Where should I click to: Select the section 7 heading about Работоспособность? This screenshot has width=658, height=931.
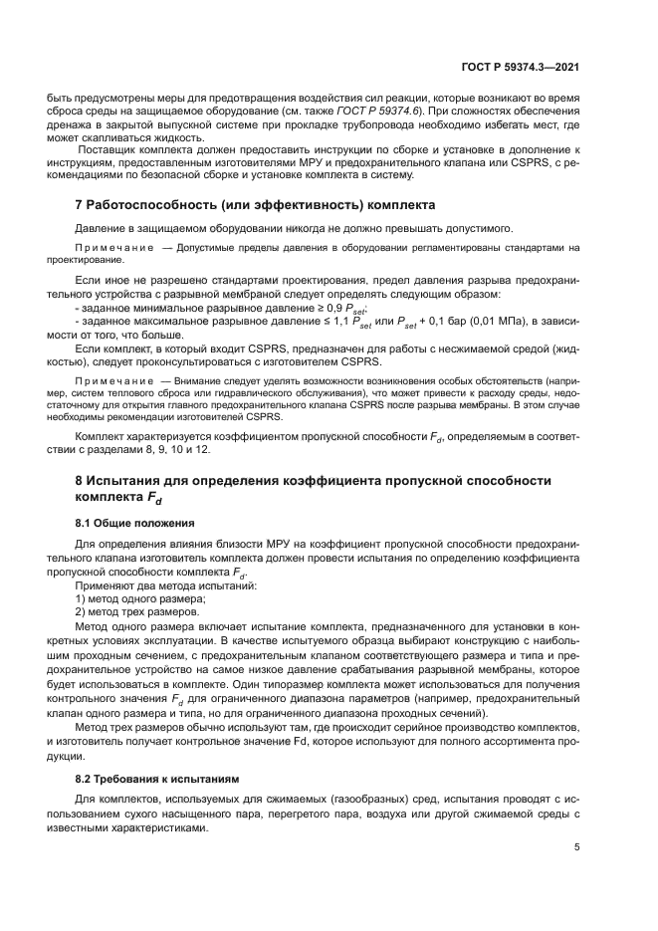pyautogui.click(x=256, y=205)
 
